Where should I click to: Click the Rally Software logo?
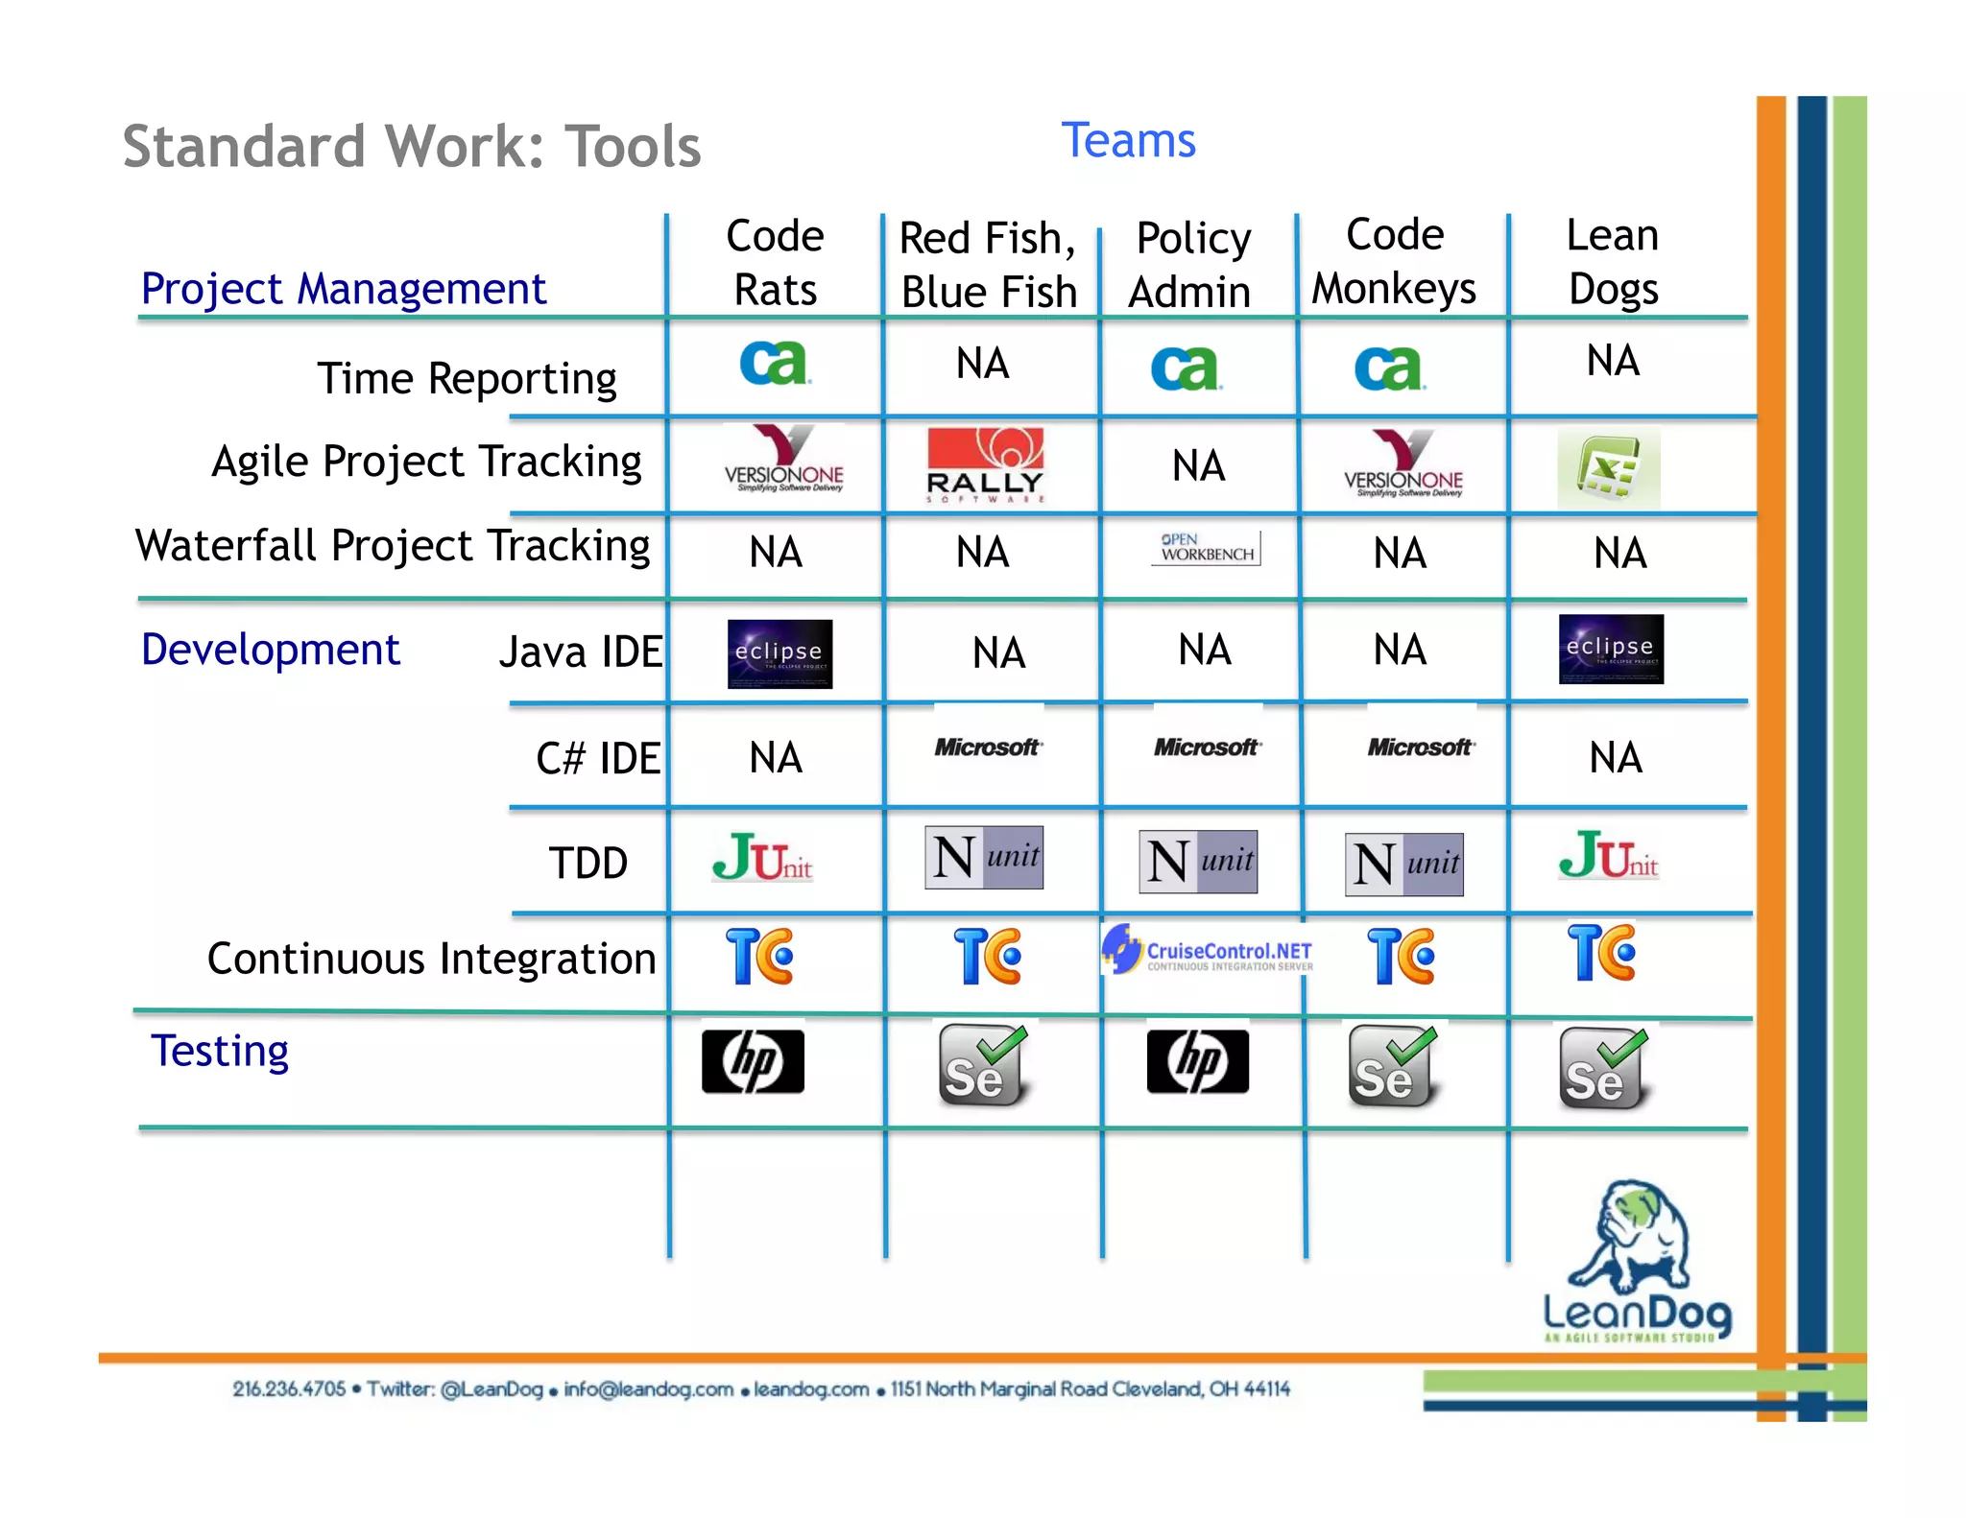[x=985, y=465]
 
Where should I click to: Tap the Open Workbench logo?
[x=1207, y=548]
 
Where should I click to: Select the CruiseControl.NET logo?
[x=1208, y=950]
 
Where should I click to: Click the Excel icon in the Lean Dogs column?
[x=1608, y=469]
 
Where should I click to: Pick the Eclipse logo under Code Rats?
[x=779, y=653]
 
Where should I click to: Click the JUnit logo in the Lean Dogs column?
[x=1608, y=856]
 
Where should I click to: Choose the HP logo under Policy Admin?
[x=1197, y=1061]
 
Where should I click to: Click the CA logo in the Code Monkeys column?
[x=1389, y=368]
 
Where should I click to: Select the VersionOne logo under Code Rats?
[x=783, y=460]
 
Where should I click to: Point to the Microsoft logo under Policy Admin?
[x=1207, y=747]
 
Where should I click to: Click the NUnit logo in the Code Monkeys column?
[x=1403, y=864]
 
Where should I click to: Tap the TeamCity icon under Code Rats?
[x=759, y=956]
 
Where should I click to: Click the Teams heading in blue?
[x=1128, y=141]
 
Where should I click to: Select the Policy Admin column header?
[x=1191, y=264]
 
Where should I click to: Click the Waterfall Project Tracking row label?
[x=393, y=545]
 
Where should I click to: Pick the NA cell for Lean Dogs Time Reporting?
[x=1613, y=361]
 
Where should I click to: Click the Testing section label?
[x=220, y=1051]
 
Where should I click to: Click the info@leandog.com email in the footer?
[x=648, y=1389]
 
